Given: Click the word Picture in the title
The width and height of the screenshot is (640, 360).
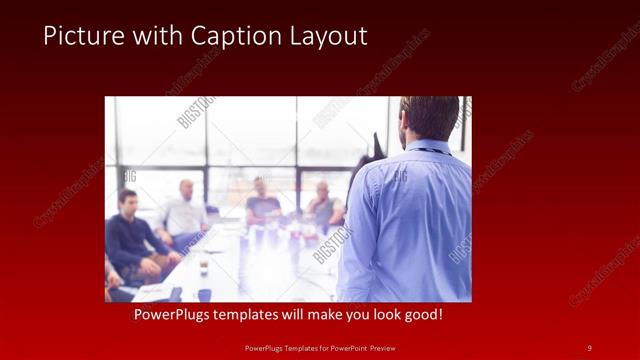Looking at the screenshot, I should [80, 37].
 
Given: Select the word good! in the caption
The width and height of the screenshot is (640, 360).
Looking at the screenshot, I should [421, 315].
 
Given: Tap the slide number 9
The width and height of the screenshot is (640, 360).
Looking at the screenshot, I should [589, 348].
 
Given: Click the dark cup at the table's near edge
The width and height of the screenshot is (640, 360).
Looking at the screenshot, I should [204, 294].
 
